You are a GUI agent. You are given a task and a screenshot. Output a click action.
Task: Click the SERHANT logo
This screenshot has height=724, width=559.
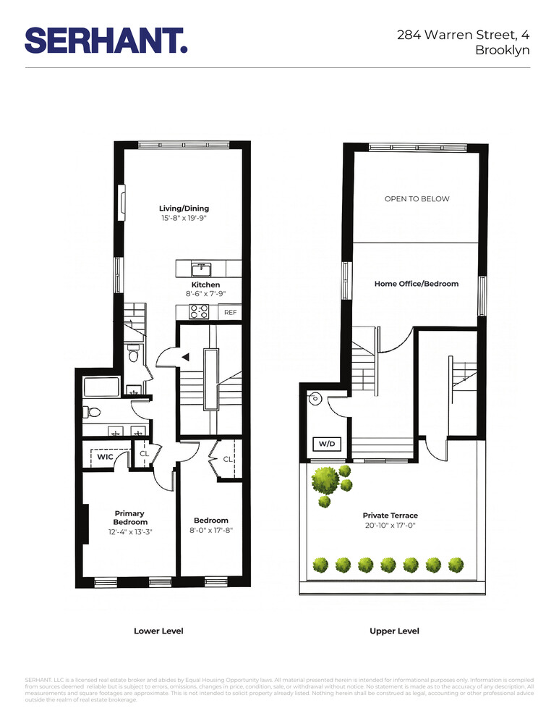tap(106, 40)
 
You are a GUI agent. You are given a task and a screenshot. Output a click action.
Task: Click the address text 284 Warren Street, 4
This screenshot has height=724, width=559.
tap(464, 34)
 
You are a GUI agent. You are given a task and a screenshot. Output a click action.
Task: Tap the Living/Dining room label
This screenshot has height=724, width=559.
tap(184, 209)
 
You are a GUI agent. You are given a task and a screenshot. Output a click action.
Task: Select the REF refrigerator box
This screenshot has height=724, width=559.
tap(230, 313)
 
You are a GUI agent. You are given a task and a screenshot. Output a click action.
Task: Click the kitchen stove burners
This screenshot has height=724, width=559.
tap(199, 312)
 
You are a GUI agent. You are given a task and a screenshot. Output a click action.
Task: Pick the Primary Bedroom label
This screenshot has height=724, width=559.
tap(130, 518)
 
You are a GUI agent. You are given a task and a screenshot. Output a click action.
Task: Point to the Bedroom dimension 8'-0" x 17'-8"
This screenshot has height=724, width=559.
tap(210, 530)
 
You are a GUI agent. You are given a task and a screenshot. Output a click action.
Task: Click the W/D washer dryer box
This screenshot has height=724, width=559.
tap(326, 444)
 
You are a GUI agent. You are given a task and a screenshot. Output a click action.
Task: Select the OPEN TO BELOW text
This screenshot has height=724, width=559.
tap(417, 199)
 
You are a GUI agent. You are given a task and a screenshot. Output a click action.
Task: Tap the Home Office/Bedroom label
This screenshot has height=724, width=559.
tap(417, 284)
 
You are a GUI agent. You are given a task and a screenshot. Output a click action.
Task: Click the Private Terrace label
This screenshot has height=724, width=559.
tap(391, 515)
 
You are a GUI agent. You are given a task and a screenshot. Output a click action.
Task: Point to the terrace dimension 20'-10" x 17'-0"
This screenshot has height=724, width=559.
tap(391, 526)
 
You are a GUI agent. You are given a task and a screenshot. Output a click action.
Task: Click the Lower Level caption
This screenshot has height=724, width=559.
tap(158, 631)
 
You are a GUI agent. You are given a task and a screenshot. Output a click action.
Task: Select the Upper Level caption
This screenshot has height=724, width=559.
tap(394, 631)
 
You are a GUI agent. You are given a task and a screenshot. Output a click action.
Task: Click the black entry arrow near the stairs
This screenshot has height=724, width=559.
tap(185, 357)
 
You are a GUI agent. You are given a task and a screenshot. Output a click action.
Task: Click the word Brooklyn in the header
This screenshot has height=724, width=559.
tap(503, 51)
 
